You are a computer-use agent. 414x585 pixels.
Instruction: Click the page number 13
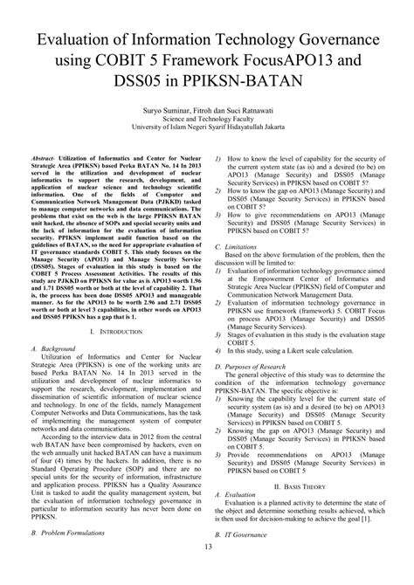click(x=207, y=571)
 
